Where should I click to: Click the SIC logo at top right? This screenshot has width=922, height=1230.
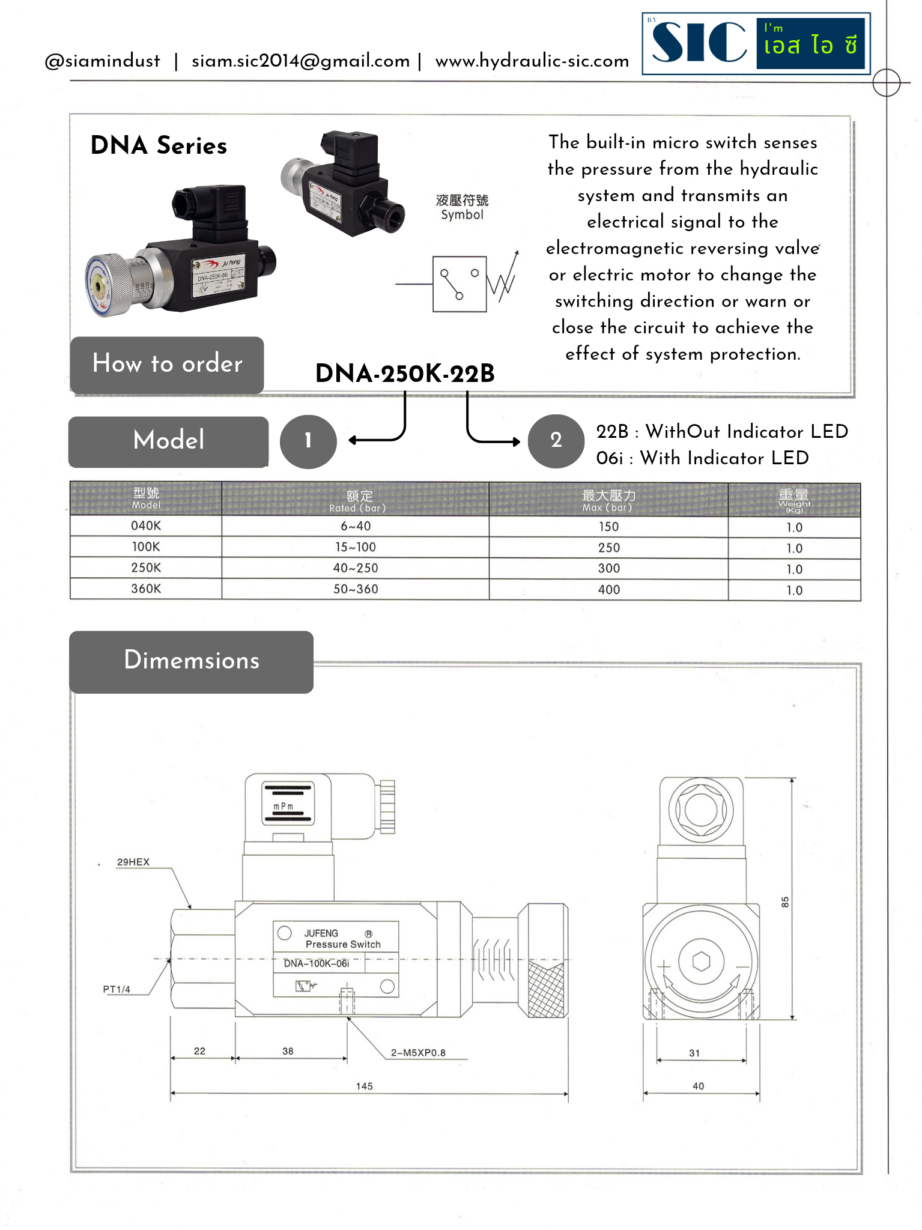[x=756, y=43]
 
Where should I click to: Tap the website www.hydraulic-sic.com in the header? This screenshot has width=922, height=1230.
[x=532, y=61]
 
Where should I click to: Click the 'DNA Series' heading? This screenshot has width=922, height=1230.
[x=159, y=146]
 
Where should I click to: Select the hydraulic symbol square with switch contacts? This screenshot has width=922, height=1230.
[x=459, y=284]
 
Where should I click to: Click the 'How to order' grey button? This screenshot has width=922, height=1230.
[x=167, y=365]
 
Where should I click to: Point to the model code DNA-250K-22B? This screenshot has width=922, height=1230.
[x=405, y=374]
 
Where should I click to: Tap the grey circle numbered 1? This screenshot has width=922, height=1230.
[x=308, y=441]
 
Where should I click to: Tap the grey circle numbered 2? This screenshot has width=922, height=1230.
[x=556, y=441]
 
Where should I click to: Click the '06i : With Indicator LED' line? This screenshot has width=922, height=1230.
[x=702, y=458]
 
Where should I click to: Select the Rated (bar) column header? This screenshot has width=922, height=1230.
[x=358, y=500]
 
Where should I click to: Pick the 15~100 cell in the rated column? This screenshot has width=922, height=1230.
[x=356, y=547]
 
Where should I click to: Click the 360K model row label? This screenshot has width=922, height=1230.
[x=146, y=589]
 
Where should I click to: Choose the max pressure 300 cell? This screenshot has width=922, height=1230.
[x=608, y=568]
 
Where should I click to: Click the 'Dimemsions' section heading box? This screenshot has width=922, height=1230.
[x=191, y=661]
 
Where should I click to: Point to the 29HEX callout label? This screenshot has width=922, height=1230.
[x=133, y=862]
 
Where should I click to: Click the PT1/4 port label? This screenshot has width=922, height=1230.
[x=117, y=989]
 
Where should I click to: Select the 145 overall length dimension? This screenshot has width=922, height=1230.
[x=364, y=1086]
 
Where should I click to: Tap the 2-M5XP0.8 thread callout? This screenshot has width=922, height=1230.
[x=418, y=1052]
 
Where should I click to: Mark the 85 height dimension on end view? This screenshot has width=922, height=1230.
[x=784, y=902]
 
